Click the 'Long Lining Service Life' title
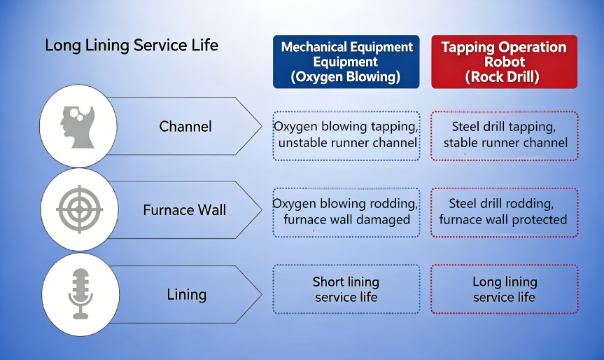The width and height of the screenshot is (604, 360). coord(132,46)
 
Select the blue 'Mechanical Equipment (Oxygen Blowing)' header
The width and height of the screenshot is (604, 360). coord(346,62)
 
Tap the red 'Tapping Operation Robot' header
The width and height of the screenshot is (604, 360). coord(504,62)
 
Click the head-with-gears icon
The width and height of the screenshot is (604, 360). coord(78,127)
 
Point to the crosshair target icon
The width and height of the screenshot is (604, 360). coord(79,209)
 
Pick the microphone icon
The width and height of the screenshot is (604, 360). coord(81,293)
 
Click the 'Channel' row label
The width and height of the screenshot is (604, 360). coord(185,127)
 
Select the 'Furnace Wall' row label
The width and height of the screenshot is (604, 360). coord(185,210)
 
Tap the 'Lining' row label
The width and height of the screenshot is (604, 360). coord(187,295)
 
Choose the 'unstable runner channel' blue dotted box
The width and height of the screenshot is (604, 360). coord(346,136)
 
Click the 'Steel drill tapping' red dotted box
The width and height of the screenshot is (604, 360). coord(505,136)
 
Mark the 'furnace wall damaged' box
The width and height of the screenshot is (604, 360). coord(346,212)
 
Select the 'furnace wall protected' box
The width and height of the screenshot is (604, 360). coord(505,212)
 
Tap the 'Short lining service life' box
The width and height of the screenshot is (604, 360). coord(346,289)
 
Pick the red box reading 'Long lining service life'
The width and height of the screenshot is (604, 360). coord(505,289)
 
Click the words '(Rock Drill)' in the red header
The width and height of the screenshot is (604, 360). coord(503,77)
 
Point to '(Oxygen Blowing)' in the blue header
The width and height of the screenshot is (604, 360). coord(346,77)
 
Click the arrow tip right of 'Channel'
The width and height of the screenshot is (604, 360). coord(262,126)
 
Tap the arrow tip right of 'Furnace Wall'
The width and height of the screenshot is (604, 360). coord(262,210)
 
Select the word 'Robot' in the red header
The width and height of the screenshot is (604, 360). coord(505,62)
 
